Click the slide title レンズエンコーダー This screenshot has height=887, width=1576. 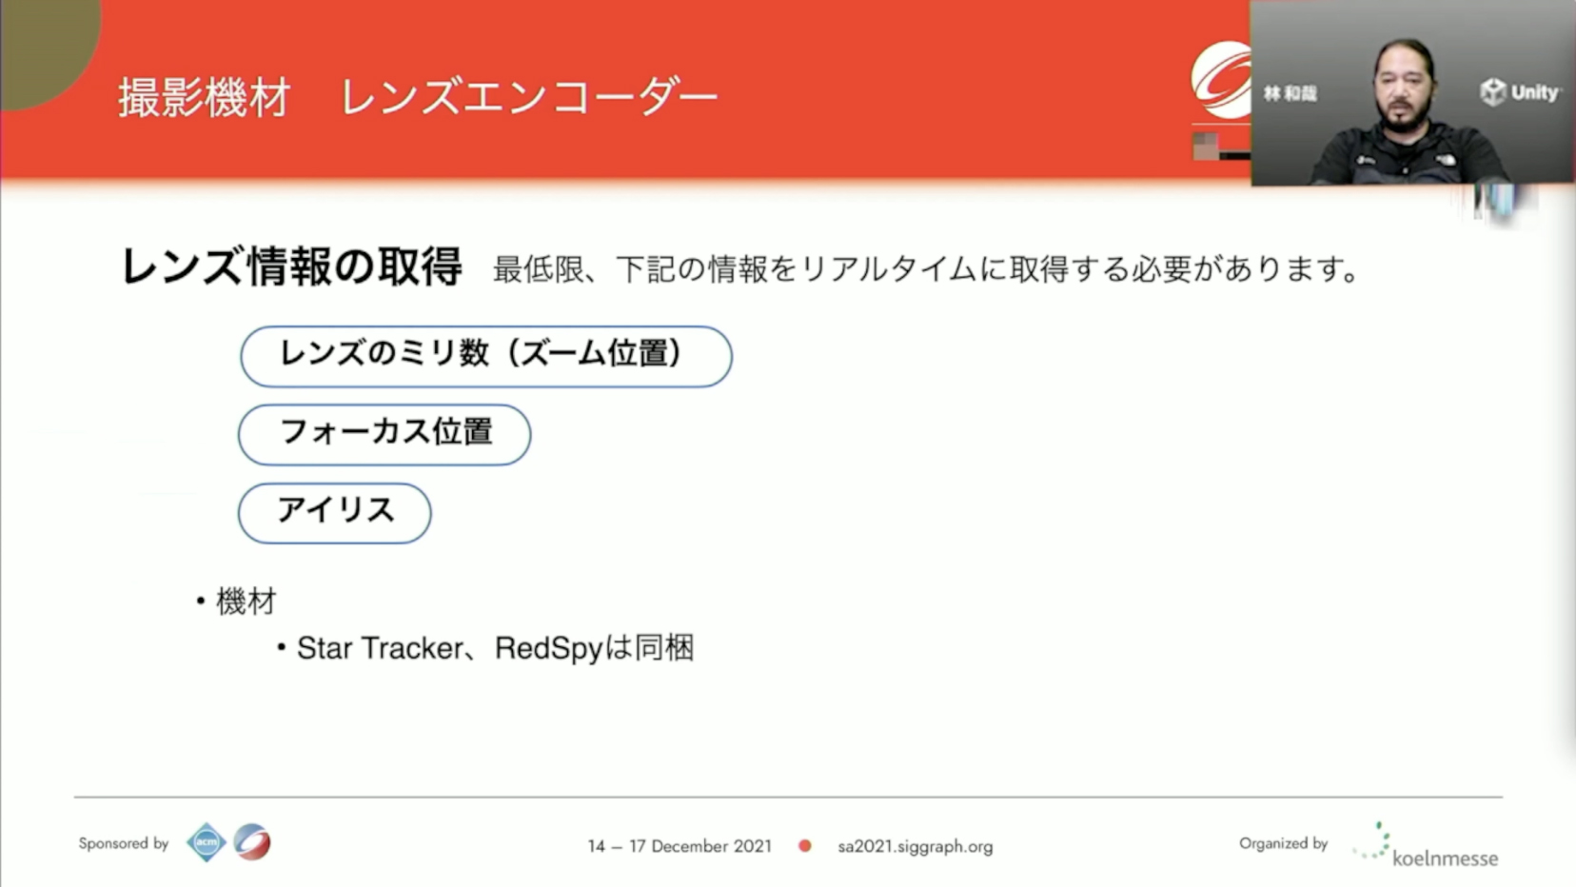(529, 97)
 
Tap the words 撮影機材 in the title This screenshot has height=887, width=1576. (204, 97)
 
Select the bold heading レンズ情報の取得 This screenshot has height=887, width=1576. (291, 267)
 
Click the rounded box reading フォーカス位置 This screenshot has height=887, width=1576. (384, 434)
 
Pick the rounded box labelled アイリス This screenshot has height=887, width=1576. (334, 513)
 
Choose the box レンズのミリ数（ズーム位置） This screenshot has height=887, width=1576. (486, 356)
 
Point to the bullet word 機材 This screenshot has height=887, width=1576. (246, 601)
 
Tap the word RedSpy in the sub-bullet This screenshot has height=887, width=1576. (549, 648)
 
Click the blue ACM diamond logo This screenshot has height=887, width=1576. (207, 842)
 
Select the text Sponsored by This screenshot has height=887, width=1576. (124, 842)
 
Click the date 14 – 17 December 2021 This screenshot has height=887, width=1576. (680, 846)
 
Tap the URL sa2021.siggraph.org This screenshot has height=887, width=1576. (916, 846)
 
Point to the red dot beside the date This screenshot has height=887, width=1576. (805, 846)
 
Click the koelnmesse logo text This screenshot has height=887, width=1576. (1445, 858)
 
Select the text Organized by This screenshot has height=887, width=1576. (1283, 843)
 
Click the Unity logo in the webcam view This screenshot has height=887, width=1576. (1520, 92)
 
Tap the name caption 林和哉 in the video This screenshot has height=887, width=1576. (1290, 93)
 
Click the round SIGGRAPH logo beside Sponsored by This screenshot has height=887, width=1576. (252, 842)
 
